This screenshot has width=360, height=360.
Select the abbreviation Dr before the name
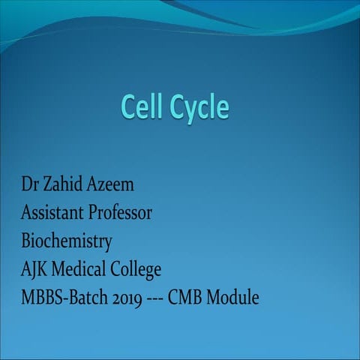pyautogui.click(x=29, y=184)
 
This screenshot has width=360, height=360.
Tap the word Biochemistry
pyautogui.click(x=66, y=242)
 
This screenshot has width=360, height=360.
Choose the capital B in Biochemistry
pyautogui.click(x=25, y=241)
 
